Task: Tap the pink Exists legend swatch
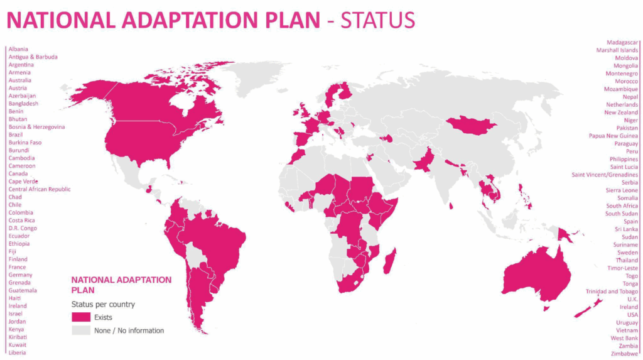[x=81, y=317]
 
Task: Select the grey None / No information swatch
[x=81, y=330]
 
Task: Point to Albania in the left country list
[x=18, y=49]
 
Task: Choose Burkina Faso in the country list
[x=25, y=143]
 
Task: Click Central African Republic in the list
[x=40, y=189]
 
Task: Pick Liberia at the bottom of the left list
[x=18, y=352]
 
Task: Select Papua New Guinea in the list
[x=613, y=136]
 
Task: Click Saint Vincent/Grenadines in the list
[x=605, y=175]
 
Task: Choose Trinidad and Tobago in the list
[x=612, y=292]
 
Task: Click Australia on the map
[x=537, y=274]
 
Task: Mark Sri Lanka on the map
[x=451, y=205]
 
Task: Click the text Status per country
[x=102, y=305]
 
